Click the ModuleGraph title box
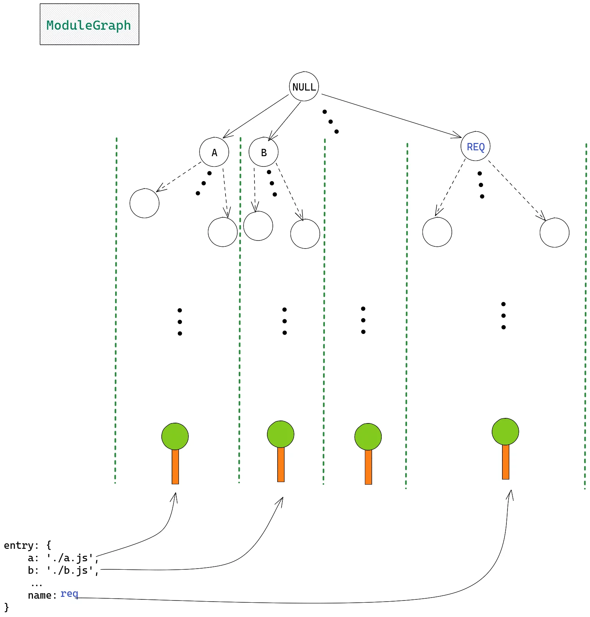tap(89, 25)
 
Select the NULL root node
tap(304, 87)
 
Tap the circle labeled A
tap(214, 152)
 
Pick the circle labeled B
tap(263, 152)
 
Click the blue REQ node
tap(475, 146)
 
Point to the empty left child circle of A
tap(144, 203)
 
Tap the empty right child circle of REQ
tap(554, 232)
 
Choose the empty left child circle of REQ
tap(437, 232)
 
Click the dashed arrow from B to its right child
tap(289, 191)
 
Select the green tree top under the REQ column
tap(505, 432)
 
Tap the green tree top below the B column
tap(281, 434)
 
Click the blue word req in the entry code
tap(69, 593)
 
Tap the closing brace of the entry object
tap(6, 607)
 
